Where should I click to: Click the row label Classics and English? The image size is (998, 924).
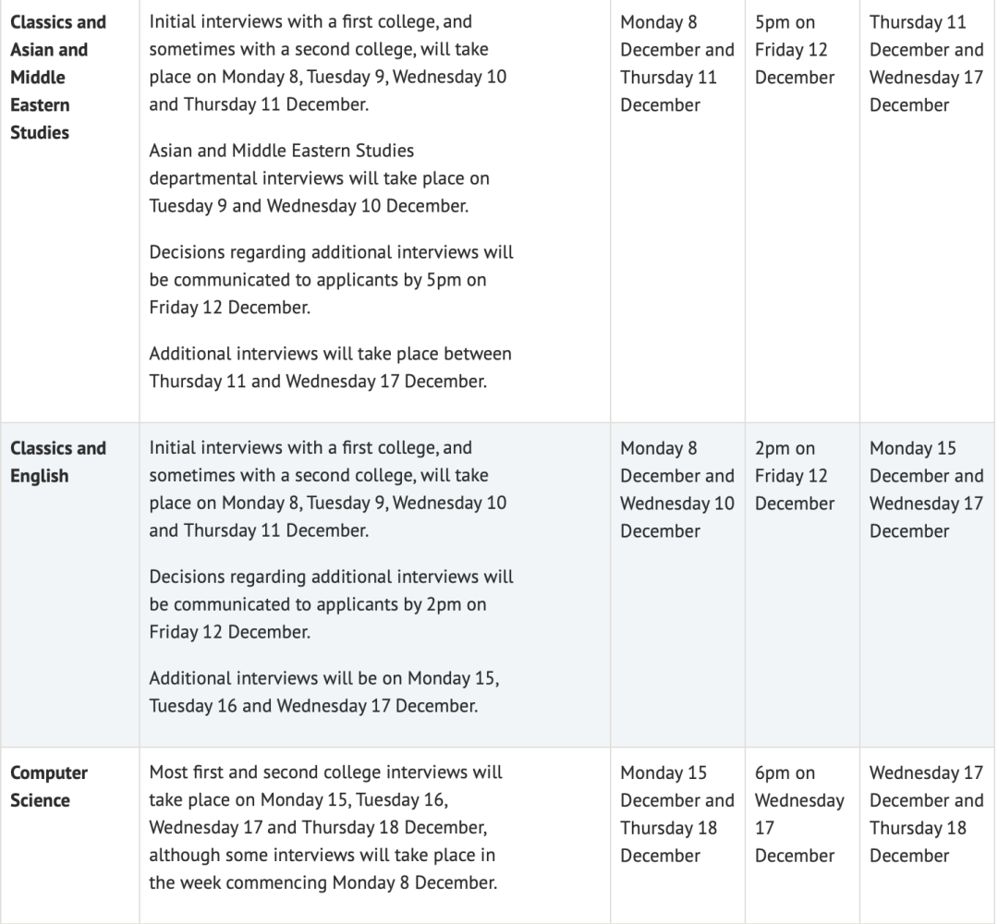pyautogui.click(x=58, y=462)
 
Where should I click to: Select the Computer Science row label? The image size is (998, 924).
pyautogui.click(x=49, y=786)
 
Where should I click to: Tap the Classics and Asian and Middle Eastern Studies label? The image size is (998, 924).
pyautogui.click(x=58, y=77)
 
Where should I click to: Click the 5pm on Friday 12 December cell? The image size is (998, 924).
pyautogui.click(x=791, y=50)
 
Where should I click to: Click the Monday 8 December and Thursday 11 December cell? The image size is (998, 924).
pyautogui.click(x=676, y=64)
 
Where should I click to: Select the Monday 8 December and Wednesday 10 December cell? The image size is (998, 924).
pyautogui.click(x=676, y=490)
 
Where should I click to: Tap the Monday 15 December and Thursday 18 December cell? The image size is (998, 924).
pyautogui.click(x=676, y=814)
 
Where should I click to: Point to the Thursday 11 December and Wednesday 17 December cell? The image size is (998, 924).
pyautogui.click(x=926, y=64)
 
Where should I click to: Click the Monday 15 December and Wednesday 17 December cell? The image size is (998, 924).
pyautogui.click(x=926, y=490)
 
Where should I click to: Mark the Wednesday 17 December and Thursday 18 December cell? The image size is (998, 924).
pyautogui.click(x=926, y=814)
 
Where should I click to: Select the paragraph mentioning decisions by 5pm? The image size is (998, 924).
pyautogui.click(x=331, y=280)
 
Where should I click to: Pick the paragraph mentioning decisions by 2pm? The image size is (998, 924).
pyautogui.click(x=331, y=604)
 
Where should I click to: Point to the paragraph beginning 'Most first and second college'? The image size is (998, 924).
pyautogui.click(x=325, y=827)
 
